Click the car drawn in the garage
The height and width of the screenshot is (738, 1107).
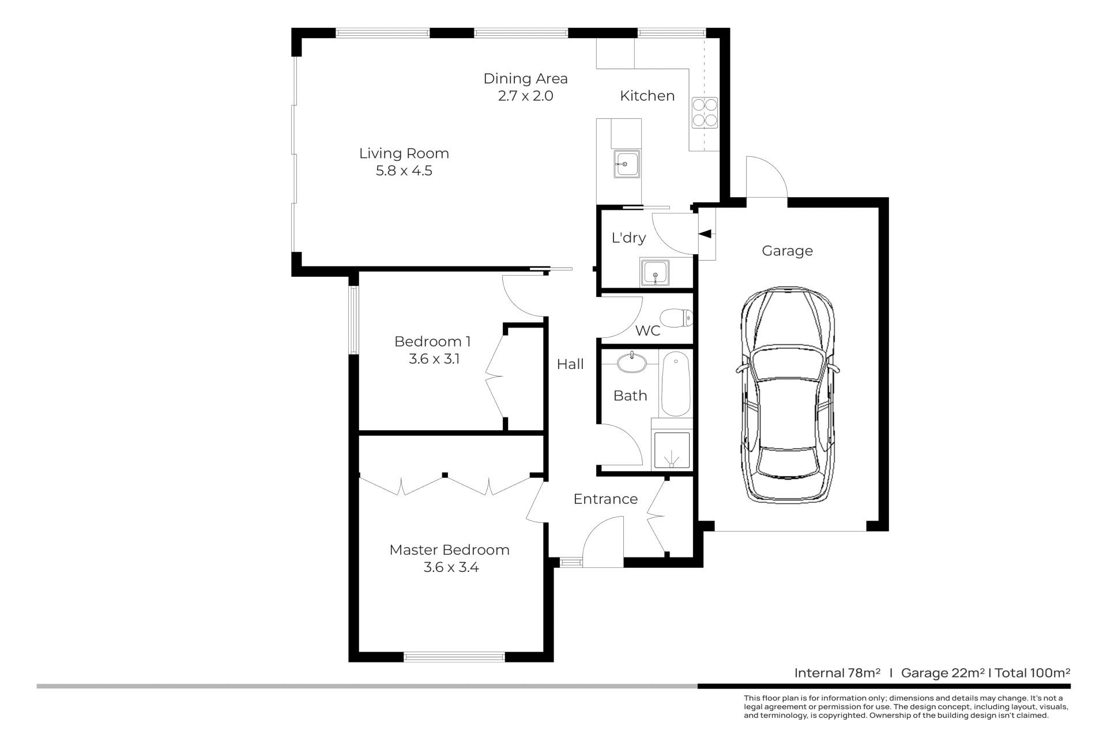pyautogui.click(x=787, y=395)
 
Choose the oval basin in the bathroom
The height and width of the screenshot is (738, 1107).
pyautogui.click(x=632, y=362)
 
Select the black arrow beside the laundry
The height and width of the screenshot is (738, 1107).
pyautogui.click(x=705, y=234)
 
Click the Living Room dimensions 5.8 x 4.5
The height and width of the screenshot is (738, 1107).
pyautogui.click(x=404, y=171)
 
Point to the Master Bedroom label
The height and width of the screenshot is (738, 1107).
pyautogui.click(x=449, y=549)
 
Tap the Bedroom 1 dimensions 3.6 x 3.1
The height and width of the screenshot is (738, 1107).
pyautogui.click(x=434, y=359)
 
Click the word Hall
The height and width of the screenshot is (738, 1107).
pyautogui.click(x=570, y=364)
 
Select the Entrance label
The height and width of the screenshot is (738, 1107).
pyautogui.click(x=605, y=499)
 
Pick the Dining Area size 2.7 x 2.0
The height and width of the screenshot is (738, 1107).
pyautogui.click(x=525, y=96)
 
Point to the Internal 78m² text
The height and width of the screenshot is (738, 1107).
pyautogui.click(x=837, y=672)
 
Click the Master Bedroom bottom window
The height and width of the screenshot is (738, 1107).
pyautogui.click(x=454, y=656)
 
